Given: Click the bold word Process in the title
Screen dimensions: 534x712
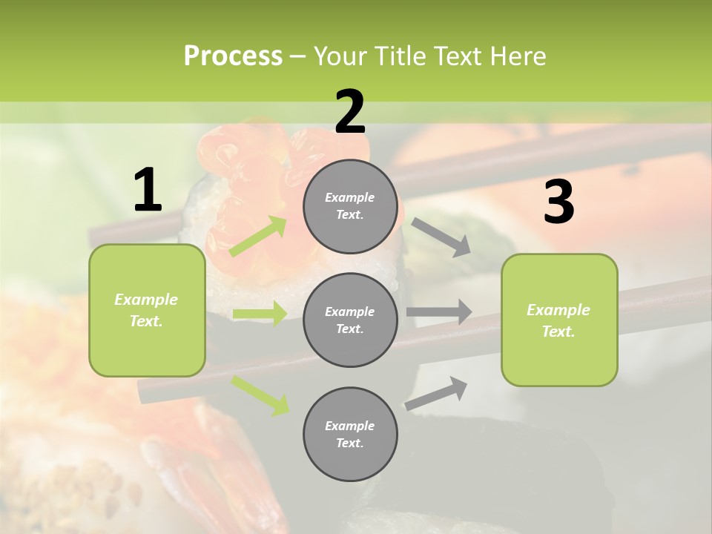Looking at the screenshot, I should [233, 56].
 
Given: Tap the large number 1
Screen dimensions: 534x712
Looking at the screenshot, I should [148, 191].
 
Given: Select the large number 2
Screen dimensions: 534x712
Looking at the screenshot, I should [350, 112].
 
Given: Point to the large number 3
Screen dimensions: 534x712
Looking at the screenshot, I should [558, 202].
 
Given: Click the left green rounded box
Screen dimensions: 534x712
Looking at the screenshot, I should [147, 310].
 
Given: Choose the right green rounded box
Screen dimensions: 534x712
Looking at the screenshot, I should [559, 320].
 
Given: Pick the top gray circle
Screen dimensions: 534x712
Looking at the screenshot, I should [350, 206].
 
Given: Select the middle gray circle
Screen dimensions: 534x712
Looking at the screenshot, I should [350, 320].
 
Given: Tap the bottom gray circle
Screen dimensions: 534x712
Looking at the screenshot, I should [350, 435].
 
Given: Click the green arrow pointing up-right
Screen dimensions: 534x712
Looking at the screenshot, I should [258, 237].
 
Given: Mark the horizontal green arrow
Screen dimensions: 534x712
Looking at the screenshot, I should [260, 314].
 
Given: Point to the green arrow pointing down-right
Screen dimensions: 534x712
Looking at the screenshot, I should [260, 395].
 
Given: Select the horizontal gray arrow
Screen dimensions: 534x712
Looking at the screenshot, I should [439, 311].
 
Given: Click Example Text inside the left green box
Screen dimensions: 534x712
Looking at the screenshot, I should [146, 310].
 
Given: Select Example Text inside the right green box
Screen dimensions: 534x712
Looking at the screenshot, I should [558, 320].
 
